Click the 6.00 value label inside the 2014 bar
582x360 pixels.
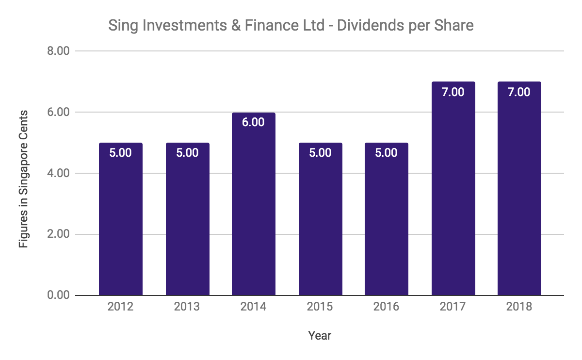pyautogui.click(x=254, y=122)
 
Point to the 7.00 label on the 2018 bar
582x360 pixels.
pyautogui.click(x=519, y=92)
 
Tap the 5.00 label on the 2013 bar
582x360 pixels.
pyautogui.click(x=187, y=153)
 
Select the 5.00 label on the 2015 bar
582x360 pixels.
pyautogui.click(x=320, y=153)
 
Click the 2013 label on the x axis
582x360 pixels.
pyautogui.click(x=187, y=307)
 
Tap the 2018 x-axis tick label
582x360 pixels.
pyautogui.click(x=519, y=307)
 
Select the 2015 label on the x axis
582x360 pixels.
pyautogui.click(x=320, y=307)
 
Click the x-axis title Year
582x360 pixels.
pyautogui.click(x=320, y=335)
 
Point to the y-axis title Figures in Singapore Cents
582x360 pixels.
pyautogui.click(x=24, y=179)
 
